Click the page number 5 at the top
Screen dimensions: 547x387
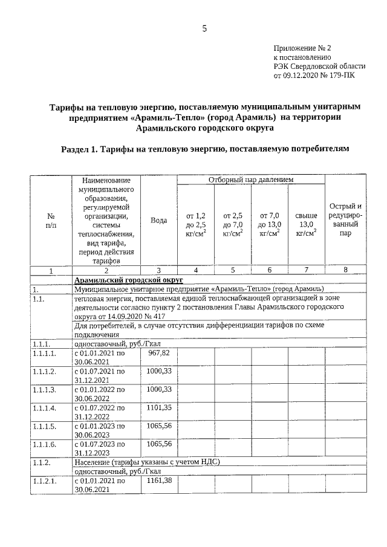(204, 28)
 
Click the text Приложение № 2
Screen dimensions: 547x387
(303, 47)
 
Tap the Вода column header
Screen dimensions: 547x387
(158, 221)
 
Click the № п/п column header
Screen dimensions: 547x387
(51, 221)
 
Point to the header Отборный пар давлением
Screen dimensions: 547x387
(250, 180)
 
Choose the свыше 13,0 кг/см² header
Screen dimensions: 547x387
(306, 224)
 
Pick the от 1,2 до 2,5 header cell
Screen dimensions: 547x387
(196, 224)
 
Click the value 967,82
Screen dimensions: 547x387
(158, 352)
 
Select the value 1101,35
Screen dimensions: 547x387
(159, 408)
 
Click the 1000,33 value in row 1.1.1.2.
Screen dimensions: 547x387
(159, 371)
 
